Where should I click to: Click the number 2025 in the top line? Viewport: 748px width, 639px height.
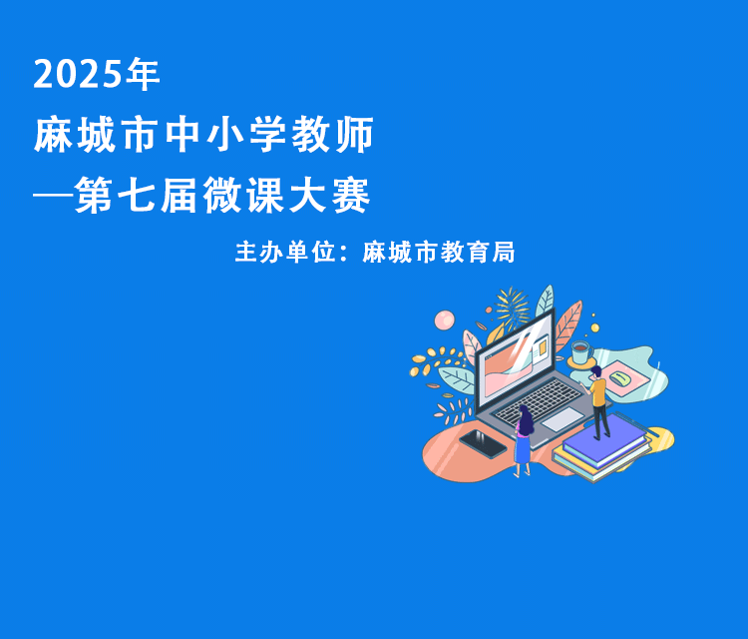coord(77,75)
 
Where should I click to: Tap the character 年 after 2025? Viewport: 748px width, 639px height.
coord(143,74)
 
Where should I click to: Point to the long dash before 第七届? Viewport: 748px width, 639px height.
coord(52,195)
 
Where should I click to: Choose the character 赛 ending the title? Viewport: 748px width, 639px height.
coord(352,195)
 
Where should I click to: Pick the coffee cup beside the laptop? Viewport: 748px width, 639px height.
coord(581,352)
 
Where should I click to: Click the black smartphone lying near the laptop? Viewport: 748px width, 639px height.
coord(483,443)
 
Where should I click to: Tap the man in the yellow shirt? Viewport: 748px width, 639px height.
coord(598,402)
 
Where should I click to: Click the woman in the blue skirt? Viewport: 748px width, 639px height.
coord(524,440)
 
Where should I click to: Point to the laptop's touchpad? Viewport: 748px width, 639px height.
coord(562,418)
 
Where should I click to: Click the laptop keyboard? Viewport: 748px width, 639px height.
coord(540,400)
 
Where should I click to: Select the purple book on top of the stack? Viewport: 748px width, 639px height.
coord(606,439)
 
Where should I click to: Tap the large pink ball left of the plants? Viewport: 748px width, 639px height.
coord(444,319)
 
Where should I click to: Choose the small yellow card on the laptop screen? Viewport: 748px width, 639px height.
coord(543,347)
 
